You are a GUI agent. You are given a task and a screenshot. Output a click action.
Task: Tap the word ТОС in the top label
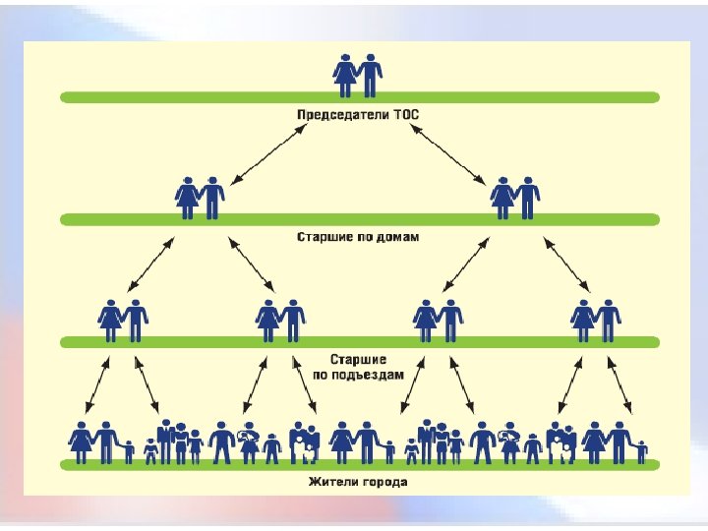click(x=404, y=114)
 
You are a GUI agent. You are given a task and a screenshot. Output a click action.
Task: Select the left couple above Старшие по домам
click(x=200, y=197)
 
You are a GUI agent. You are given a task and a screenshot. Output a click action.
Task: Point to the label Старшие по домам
click(x=359, y=237)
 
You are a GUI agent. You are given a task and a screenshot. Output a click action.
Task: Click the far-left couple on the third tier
click(x=123, y=320)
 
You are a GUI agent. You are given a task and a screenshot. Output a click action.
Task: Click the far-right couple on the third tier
click(x=596, y=320)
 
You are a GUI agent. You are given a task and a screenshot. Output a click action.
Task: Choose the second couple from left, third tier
click(x=280, y=320)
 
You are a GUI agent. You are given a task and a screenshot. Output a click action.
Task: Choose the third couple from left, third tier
click(x=438, y=320)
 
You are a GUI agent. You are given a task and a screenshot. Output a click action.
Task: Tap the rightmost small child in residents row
click(x=641, y=451)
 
